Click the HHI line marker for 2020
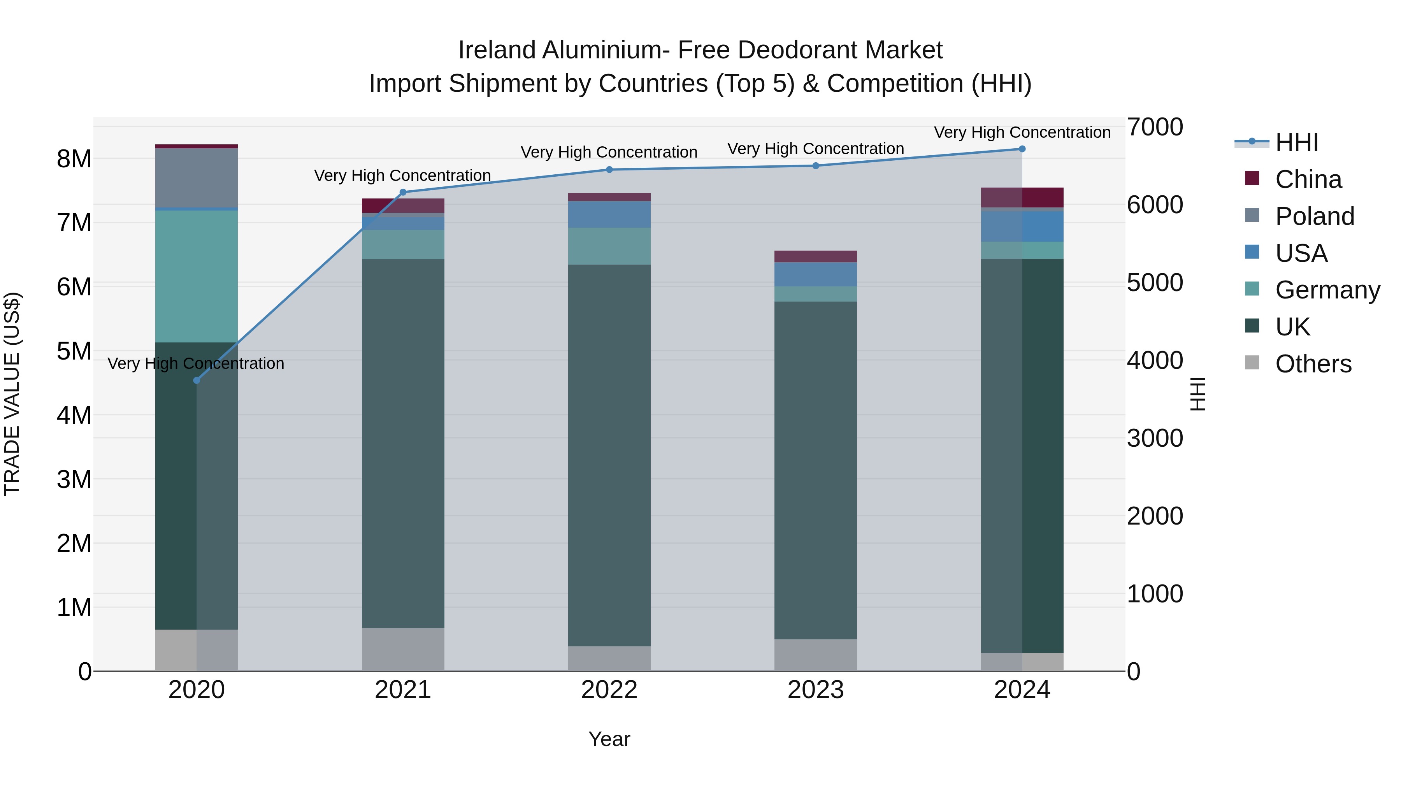tap(197, 380)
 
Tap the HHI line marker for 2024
tap(1022, 149)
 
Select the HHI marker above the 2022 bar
tap(609, 170)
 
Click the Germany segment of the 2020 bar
tap(197, 276)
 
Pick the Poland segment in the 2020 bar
tap(197, 178)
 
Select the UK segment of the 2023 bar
tap(815, 470)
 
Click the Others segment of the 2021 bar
tap(403, 649)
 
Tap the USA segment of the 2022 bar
tap(609, 214)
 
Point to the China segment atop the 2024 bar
tap(1022, 197)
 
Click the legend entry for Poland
tap(1314, 216)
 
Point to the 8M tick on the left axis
tap(74, 159)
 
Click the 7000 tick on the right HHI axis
tap(1155, 127)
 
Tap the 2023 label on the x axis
tap(815, 690)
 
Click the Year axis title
tap(609, 739)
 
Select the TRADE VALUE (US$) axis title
tap(12, 394)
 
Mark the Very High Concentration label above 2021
tap(402, 175)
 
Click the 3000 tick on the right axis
tap(1155, 438)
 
